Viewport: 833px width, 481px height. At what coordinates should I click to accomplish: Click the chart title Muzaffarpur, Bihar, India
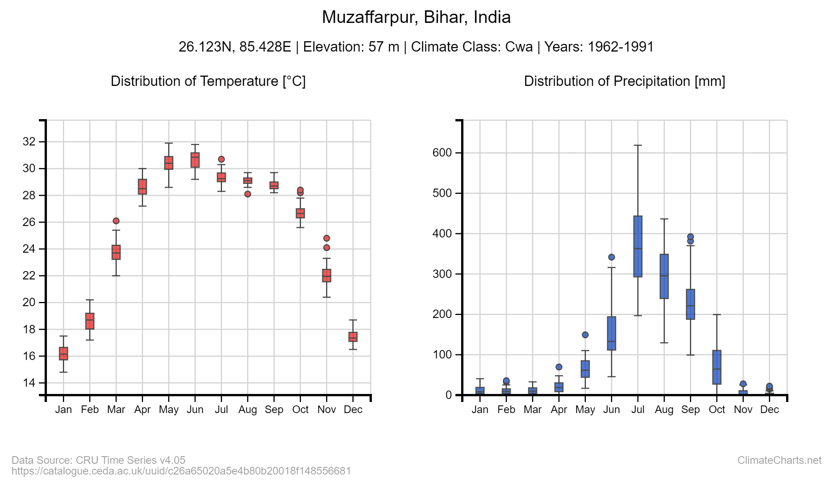pyautogui.click(x=416, y=17)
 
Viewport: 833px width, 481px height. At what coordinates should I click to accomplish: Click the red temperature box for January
pyautogui.click(x=64, y=353)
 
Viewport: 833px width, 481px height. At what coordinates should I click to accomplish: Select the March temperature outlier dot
pyautogui.click(x=116, y=221)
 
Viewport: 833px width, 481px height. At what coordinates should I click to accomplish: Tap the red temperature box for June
pyautogui.click(x=195, y=160)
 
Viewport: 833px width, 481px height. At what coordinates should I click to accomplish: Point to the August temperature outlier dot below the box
pyautogui.click(x=248, y=194)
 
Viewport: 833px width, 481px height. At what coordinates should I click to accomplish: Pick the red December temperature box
pyautogui.click(x=353, y=337)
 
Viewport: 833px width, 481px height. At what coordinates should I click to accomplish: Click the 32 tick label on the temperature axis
pyautogui.click(x=29, y=142)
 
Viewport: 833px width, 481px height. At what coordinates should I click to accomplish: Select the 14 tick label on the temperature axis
pyautogui.click(x=29, y=383)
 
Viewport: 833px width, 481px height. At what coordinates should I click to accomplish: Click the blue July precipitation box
pyautogui.click(x=638, y=246)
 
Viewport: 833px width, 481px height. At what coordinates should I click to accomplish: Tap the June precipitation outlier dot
pyautogui.click(x=612, y=257)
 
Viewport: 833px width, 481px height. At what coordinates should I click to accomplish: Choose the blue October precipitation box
pyautogui.click(x=717, y=367)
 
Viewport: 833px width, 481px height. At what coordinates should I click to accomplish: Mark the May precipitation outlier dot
pyautogui.click(x=585, y=335)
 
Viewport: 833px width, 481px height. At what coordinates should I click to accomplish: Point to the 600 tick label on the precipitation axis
pyautogui.click(x=442, y=153)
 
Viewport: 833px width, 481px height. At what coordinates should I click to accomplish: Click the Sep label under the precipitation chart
pyautogui.click(x=690, y=410)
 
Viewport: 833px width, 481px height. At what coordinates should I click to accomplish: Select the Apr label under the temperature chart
pyautogui.click(x=142, y=410)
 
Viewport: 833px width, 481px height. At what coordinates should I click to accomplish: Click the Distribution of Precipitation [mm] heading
pyautogui.click(x=624, y=81)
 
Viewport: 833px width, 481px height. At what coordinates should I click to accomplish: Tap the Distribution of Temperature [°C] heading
pyautogui.click(x=208, y=81)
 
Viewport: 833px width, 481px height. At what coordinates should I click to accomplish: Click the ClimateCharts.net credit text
pyautogui.click(x=779, y=460)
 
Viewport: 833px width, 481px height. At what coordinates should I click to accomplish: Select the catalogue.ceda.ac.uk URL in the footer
pyautogui.click(x=181, y=471)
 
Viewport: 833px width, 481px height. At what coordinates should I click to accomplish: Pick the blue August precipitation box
pyautogui.click(x=664, y=276)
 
